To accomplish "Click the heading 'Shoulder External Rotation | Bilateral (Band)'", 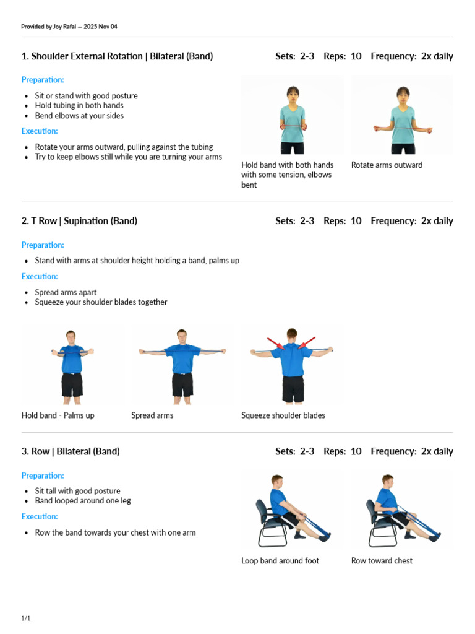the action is point(122,56).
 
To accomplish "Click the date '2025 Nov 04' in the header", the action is point(100,27).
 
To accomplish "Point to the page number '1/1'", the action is point(26,619).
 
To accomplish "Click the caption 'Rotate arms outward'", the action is point(387,165).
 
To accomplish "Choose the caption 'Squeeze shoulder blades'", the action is point(283,415).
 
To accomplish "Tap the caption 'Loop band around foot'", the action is point(280,561).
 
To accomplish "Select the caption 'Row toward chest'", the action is point(382,561).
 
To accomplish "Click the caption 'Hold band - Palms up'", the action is point(58,415).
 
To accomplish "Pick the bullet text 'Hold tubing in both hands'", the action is point(79,105).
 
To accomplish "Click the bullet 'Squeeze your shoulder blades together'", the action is point(101,302).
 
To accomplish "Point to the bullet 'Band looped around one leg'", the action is point(83,500).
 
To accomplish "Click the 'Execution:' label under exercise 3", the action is point(40,516).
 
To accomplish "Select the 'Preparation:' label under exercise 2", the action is point(43,245).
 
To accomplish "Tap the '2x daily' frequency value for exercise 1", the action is point(437,56).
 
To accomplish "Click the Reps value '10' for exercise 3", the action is point(356,451).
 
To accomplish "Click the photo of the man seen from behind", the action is point(292,365).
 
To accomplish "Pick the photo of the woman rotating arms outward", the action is point(402,115).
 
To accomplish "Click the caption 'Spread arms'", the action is point(152,415).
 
